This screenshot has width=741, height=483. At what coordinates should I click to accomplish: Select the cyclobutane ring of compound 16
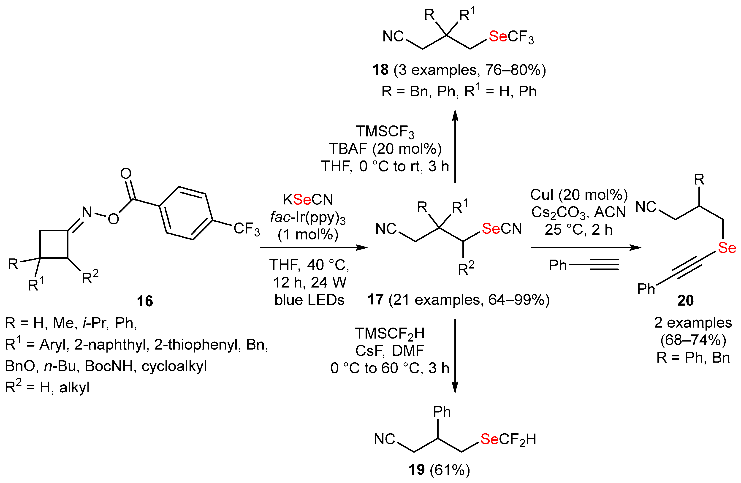tap(54, 244)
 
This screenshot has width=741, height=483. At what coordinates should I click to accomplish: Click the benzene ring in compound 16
tap(186, 213)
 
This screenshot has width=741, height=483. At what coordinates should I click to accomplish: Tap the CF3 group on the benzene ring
tap(247, 229)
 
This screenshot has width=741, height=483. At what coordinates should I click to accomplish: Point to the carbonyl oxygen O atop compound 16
tap(126, 174)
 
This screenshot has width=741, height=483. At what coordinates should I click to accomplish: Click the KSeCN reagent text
tap(308, 199)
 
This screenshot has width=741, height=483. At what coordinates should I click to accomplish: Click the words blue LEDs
tap(309, 300)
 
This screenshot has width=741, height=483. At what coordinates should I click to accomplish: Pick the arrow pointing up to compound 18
tap(455, 146)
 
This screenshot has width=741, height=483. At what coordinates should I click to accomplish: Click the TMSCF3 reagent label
tap(385, 132)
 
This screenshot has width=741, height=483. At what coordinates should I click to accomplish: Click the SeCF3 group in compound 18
tap(511, 37)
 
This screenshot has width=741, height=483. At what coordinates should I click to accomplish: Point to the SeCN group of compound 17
tap(502, 229)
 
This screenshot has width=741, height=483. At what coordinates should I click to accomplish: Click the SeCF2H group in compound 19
tap(508, 440)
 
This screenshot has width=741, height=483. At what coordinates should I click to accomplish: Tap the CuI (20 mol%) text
tap(579, 195)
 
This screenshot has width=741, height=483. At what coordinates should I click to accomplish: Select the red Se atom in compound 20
tap(727, 248)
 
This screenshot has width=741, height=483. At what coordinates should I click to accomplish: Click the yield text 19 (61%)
tap(439, 470)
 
